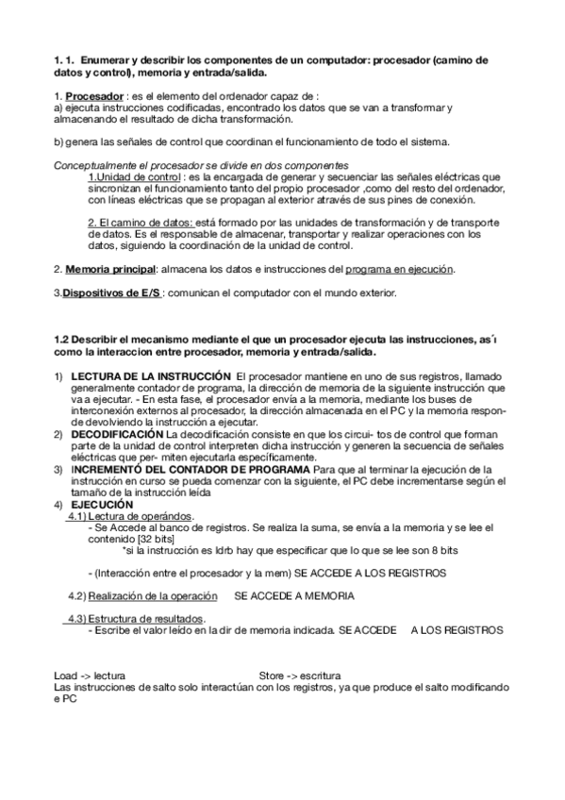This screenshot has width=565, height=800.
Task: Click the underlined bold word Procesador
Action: click(x=93, y=96)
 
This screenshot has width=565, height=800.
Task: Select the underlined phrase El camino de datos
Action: click(x=140, y=224)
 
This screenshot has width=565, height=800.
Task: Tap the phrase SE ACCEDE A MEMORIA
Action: click(x=294, y=596)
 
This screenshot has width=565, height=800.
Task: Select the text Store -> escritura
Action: click(x=300, y=676)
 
